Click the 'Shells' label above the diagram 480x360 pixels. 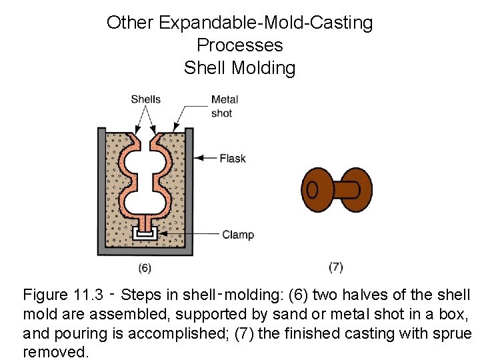145,99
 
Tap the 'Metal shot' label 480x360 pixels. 224,106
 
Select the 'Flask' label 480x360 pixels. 233,158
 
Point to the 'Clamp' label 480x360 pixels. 238,234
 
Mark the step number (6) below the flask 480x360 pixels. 145,268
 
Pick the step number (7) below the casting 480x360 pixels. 336,267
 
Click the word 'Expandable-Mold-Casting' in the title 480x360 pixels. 266,23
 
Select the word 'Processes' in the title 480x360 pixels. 239,45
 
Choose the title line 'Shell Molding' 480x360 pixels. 239,67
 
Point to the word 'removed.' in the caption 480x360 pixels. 55,351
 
